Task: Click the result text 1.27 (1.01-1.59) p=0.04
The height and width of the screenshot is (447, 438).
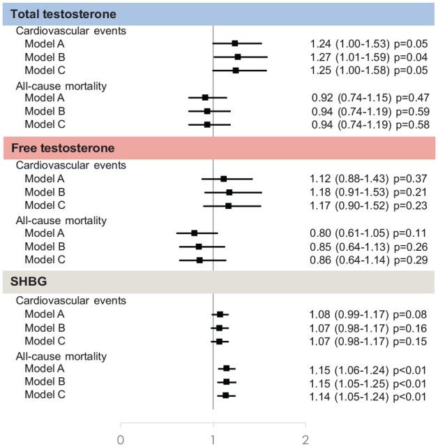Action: tap(367, 57)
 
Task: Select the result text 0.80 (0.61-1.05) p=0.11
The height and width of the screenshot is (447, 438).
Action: tap(367, 233)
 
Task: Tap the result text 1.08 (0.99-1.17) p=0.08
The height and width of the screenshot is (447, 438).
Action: tap(367, 314)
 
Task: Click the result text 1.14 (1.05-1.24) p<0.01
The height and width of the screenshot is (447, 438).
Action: tap(367, 395)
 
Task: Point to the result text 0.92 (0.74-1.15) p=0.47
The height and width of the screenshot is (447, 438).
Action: tap(367, 98)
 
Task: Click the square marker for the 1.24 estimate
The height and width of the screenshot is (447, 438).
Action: tap(235, 43)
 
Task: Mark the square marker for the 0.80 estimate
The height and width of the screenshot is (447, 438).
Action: tap(195, 233)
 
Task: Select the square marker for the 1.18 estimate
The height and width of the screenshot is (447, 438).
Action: tap(229, 192)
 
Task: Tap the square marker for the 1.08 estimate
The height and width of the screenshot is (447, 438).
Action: tap(220, 314)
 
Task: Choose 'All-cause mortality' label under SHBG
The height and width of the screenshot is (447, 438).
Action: tap(61, 355)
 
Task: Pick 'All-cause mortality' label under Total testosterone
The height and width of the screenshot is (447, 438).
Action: tap(61, 85)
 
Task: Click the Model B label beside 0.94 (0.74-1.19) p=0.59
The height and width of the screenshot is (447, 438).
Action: tap(46, 111)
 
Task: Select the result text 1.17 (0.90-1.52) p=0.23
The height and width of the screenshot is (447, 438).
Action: tap(367, 205)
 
